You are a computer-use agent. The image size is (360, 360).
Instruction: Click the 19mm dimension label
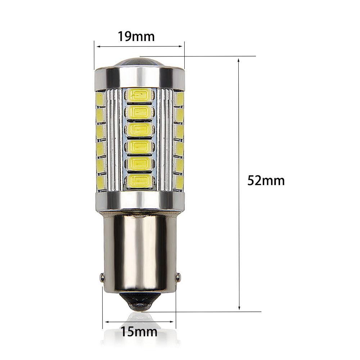136,36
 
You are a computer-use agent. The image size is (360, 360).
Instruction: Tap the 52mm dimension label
266,180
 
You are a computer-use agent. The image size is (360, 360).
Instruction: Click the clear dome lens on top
139,63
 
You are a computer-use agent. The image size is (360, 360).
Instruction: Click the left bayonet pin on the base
102,277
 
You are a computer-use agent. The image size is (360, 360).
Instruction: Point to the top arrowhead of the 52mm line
239,59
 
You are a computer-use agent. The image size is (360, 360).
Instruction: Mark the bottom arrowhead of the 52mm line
239,309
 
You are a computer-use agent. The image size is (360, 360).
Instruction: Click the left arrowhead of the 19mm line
96,46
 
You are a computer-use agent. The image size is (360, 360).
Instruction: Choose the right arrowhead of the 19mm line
182,46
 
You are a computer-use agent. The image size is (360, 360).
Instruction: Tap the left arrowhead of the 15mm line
105,322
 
